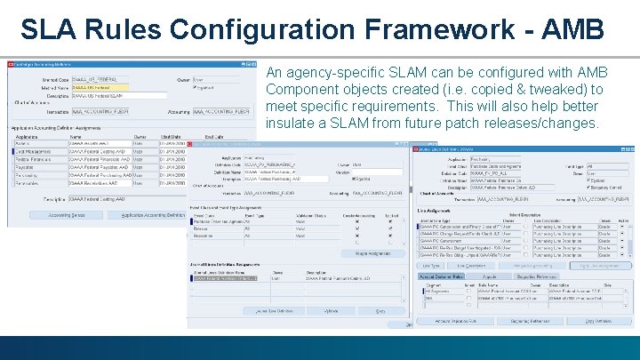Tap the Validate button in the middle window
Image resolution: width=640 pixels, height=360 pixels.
point(332,311)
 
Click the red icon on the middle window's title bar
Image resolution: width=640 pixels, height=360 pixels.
point(193,144)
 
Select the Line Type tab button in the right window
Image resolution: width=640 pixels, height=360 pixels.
point(431,266)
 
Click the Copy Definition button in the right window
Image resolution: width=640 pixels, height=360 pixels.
point(597,320)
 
